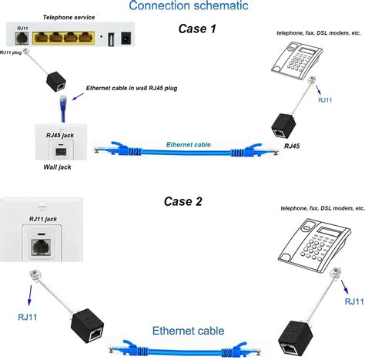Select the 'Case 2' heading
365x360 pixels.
(x=182, y=202)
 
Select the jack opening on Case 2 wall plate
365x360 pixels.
(x=39, y=248)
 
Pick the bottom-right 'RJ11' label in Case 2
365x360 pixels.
(x=349, y=301)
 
